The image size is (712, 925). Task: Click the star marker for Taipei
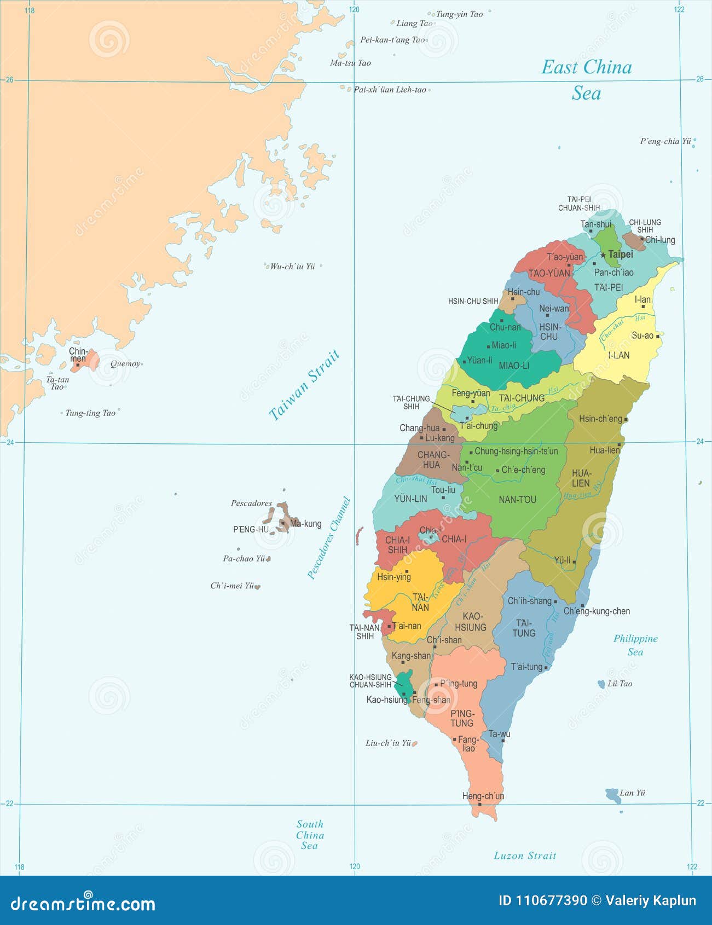603,255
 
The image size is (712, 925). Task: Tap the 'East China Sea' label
586,80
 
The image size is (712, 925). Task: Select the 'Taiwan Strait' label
305,385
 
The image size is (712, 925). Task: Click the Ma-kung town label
306,524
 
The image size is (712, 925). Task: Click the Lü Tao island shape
601,684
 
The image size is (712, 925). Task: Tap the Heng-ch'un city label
483,796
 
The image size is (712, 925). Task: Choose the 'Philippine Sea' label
635,645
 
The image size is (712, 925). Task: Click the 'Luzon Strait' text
525,855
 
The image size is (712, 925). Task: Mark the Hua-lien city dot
619,444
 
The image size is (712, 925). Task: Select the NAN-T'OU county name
517,499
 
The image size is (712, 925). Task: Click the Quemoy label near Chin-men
125,363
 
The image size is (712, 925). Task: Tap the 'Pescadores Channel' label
328,537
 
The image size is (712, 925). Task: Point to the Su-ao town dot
658,336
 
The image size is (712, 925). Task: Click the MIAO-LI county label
514,366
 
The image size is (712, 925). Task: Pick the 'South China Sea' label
310,835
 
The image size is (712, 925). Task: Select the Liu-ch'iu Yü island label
388,743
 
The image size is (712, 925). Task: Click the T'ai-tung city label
526,667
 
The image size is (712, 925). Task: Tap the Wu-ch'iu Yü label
292,267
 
